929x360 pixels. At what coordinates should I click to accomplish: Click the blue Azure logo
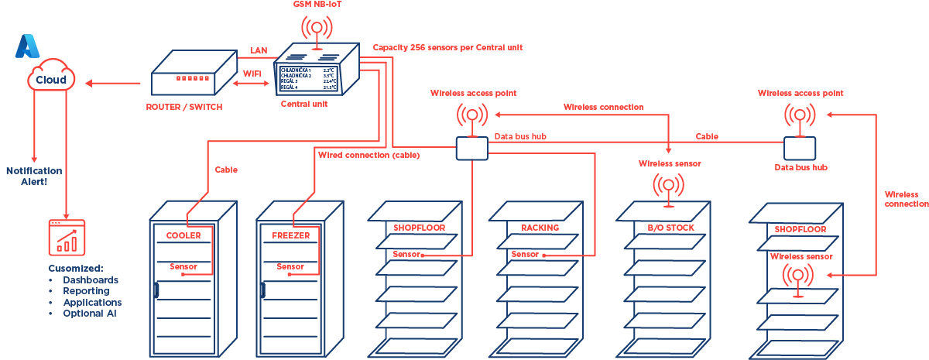26,46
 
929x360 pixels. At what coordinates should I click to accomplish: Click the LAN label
259,50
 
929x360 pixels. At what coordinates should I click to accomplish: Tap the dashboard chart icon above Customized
67,238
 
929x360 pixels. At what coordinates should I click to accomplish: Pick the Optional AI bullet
90,314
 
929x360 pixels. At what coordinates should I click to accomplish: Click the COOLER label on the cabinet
183,235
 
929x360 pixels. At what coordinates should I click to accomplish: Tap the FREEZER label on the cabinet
290,235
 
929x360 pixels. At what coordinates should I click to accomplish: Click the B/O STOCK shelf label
670,228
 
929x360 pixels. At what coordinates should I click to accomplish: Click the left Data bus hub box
471,148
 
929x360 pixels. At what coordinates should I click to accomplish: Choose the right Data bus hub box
800,147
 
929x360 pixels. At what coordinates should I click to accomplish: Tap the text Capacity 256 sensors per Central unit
447,47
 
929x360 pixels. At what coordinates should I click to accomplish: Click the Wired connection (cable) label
369,156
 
